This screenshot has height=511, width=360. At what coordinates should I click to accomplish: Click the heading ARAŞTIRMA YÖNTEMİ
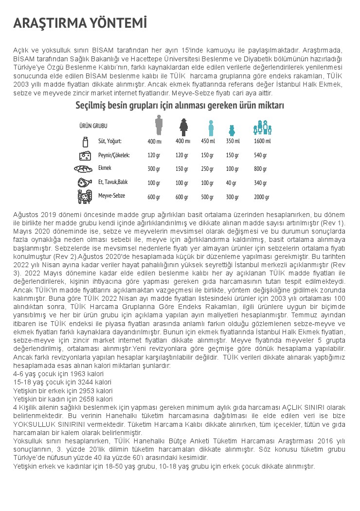(x=80, y=24)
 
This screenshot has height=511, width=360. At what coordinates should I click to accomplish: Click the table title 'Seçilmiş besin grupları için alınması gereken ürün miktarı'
(x=180, y=106)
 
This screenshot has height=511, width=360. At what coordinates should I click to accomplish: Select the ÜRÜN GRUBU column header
(x=93, y=126)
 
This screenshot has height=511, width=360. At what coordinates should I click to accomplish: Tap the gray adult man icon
(x=159, y=125)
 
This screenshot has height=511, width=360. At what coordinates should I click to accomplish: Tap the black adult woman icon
(x=183, y=127)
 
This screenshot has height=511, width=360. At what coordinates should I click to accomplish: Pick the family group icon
(x=262, y=128)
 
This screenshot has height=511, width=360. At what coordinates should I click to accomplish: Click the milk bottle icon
(x=86, y=142)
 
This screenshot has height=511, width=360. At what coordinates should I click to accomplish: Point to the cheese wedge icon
(x=85, y=155)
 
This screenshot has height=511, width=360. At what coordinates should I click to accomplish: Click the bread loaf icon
(x=86, y=169)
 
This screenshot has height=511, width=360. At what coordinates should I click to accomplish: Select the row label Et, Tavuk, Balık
(x=113, y=182)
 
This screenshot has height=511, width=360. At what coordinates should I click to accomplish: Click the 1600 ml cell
(x=262, y=141)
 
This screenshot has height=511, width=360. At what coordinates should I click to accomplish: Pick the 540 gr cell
(x=261, y=155)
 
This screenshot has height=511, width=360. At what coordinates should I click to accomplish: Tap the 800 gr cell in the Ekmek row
(x=261, y=169)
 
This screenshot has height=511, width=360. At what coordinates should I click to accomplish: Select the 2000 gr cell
(x=262, y=197)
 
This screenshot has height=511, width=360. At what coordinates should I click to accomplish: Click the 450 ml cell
(x=208, y=141)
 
